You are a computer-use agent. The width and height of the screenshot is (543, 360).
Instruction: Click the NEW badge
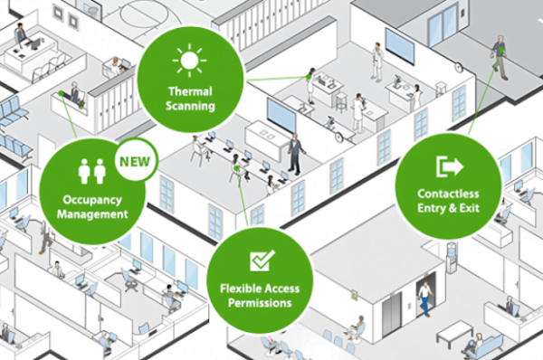[x=136, y=164]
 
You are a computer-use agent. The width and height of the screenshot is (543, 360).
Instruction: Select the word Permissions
[x=262, y=304]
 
